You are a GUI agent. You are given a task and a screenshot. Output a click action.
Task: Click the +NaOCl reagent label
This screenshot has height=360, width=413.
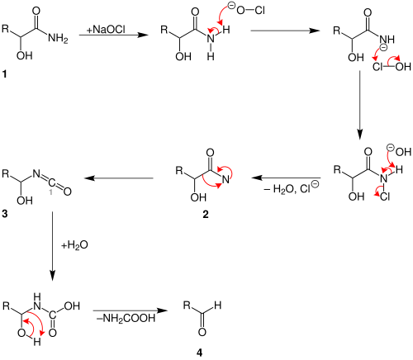point(106,30)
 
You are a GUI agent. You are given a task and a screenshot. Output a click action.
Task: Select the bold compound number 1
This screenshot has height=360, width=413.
point(4,73)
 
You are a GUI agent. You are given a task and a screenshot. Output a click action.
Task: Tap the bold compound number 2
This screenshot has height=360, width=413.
point(206,214)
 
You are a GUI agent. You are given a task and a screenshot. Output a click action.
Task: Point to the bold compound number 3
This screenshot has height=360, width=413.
point(4,214)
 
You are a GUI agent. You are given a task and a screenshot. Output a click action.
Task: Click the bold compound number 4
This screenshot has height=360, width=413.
point(199,353)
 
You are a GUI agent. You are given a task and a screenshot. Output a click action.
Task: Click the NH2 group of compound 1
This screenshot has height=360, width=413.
point(58,38)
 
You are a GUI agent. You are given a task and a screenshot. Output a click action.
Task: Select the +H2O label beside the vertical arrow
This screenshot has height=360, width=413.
point(74,244)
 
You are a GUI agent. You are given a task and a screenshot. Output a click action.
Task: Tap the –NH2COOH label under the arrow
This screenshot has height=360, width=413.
point(126,318)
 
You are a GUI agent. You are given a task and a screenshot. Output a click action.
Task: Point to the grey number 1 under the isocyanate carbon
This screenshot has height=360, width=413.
point(50,192)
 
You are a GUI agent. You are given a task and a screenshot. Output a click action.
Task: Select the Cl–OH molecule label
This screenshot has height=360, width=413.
point(392,67)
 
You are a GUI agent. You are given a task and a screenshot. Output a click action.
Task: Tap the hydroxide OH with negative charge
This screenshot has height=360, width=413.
point(399,151)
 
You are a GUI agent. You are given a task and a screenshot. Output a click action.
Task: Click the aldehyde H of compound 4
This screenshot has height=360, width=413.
point(218,306)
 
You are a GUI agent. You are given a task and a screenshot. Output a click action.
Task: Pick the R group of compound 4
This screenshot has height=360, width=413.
point(187,306)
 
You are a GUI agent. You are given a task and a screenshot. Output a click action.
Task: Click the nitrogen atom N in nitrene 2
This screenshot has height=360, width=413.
point(225,180)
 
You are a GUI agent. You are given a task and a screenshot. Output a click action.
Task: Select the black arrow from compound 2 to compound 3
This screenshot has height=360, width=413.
point(119,178)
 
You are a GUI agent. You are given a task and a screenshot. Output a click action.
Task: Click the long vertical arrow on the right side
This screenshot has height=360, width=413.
point(359,106)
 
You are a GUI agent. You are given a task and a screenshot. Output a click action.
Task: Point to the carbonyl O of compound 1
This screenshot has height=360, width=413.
point(36,11)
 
